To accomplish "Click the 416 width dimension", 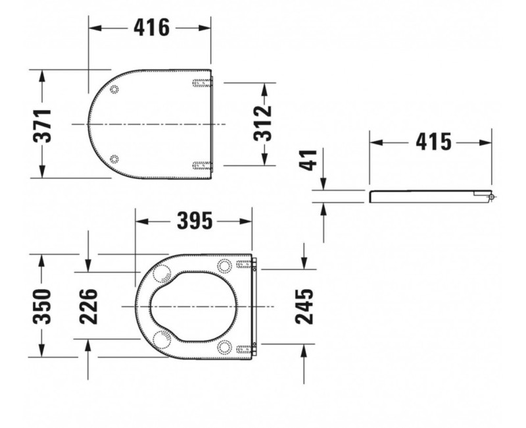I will pyautogui.click(x=151, y=28).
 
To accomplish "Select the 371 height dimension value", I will pyautogui.click(x=44, y=124).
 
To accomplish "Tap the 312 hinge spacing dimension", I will pyautogui.click(x=264, y=123).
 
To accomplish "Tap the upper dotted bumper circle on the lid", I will pyautogui.click(x=114, y=90).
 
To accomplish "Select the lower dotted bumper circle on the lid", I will pyautogui.click(x=114, y=158).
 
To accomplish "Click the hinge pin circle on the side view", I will pyautogui.click(x=491, y=197).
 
